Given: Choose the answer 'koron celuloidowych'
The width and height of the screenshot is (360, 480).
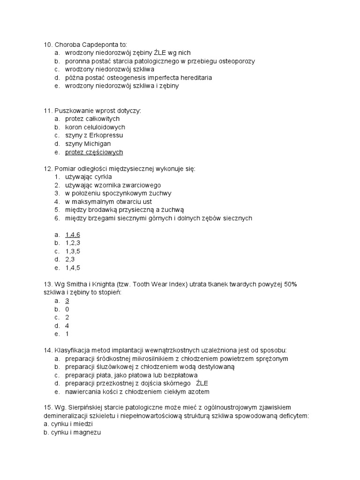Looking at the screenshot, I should coord(95,127).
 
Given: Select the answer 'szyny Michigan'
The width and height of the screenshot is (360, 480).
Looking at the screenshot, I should coord(88,144).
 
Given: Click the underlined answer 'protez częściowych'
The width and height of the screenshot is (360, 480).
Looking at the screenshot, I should coord(94,152).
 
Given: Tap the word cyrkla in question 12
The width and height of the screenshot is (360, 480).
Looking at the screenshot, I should coord(103,177).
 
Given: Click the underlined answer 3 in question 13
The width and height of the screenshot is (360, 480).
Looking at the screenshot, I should coord(67,301).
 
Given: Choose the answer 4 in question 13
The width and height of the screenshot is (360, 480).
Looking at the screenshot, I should coord(67,326).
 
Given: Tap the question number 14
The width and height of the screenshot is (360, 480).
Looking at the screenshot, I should coord(47,350).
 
